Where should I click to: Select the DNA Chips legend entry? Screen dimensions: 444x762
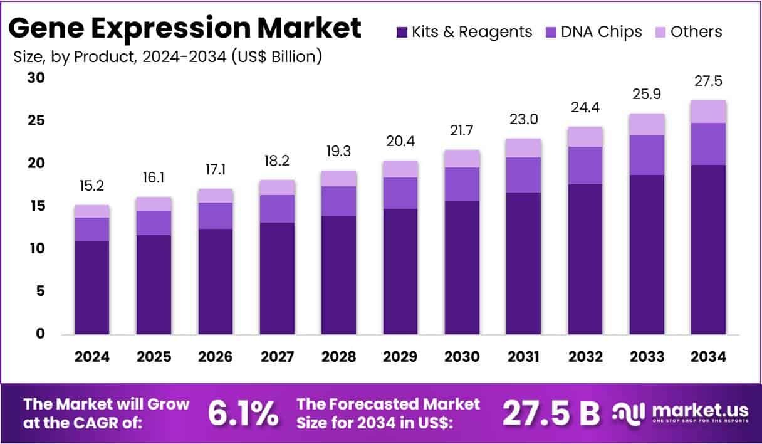[x=593, y=32]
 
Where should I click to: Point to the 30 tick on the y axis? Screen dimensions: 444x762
[x=36, y=78]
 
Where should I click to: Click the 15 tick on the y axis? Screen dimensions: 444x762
[x=36, y=206]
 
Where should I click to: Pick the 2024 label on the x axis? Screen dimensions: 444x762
[x=92, y=357]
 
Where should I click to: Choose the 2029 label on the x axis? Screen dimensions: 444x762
[x=400, y=357]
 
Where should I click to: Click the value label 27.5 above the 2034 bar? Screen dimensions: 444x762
[x=709, y=82]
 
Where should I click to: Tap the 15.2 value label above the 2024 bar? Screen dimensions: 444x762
[x=92, y=187]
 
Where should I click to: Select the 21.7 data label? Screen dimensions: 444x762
[x=462, y=132]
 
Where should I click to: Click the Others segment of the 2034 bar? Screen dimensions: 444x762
[x=708, y=112]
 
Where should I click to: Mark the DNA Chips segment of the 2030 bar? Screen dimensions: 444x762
[x=462, y=184]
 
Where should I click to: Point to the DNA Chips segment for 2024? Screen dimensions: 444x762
[x=92, y=229]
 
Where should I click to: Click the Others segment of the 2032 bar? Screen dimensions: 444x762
[x=585, y=137]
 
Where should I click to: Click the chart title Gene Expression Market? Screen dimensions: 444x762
[x=185, y=28]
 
